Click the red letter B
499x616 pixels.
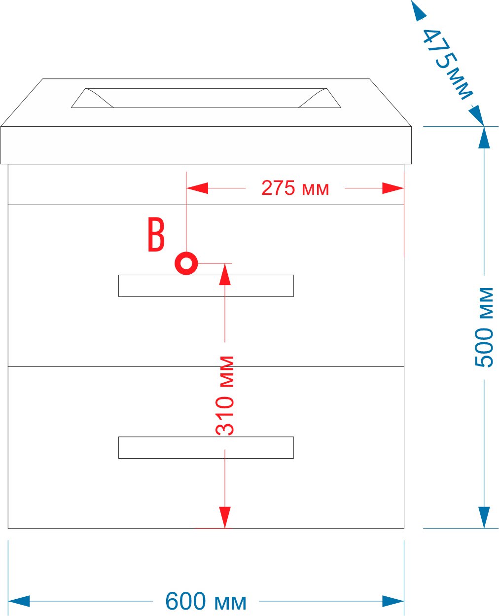click(156, 235)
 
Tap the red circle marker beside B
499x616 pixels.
click(186, 263)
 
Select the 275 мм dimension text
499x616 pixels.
click(295, 188)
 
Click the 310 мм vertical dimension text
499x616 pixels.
click(225, 396)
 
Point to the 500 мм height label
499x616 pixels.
click(484, 327)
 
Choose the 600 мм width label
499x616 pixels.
click(206, 601)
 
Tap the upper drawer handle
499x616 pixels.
click(206, 286)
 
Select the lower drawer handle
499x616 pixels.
click(206, 447)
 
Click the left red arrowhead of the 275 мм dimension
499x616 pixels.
click(197, 188)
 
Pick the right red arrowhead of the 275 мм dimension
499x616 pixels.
click(393, 188)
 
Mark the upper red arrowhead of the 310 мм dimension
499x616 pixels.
click(225, 274)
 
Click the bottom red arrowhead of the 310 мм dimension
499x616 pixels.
click(225, 517)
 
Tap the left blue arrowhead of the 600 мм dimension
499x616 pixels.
click(19, 601)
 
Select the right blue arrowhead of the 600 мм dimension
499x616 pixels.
click(393, 601)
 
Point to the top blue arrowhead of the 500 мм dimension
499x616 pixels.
click(484, 138)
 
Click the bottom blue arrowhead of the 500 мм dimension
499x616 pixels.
click(484, 517)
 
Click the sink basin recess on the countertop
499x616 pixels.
click(206, 98)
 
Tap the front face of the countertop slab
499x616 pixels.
click(206, 145)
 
